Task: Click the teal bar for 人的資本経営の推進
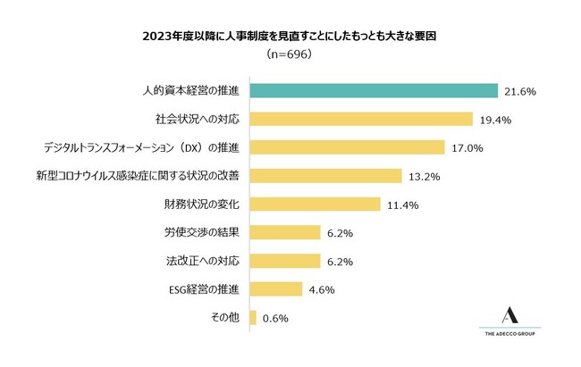(x=374, y=91)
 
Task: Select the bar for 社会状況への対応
(x=361, y=119)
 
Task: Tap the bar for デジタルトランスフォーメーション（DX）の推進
(x=347, y=147)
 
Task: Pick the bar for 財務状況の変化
(x=316, y=204)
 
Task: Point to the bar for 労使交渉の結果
(x=285, y=233)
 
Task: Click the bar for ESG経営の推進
(x=276, y=289)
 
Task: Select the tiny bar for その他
(x=254, y=318)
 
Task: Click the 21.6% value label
(x=518, y=91)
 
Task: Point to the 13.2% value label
(x=423, y=176)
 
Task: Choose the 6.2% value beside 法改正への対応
(x=340, y=262)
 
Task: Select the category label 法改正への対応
(x=202, y=262)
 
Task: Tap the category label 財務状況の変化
(x=202, y=204)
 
